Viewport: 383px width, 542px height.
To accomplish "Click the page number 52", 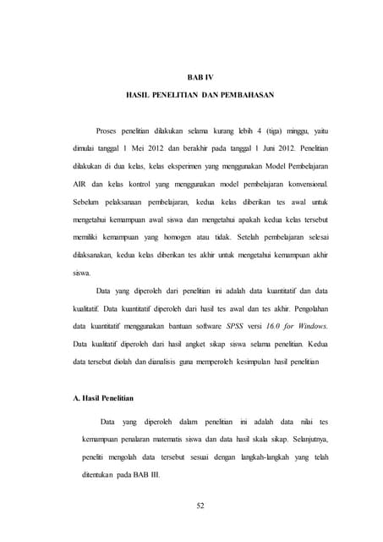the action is [x=200, y=507].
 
